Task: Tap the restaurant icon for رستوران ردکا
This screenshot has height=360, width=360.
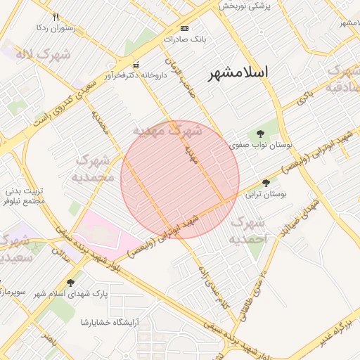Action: point(56,17)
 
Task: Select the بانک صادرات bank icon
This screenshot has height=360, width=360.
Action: point(184,28)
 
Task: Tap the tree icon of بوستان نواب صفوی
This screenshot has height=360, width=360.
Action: point(260,133)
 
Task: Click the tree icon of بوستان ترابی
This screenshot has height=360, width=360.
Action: point(265,182)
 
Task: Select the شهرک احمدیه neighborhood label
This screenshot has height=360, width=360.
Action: point(248,231)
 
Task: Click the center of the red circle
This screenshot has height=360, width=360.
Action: point(180,179)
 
